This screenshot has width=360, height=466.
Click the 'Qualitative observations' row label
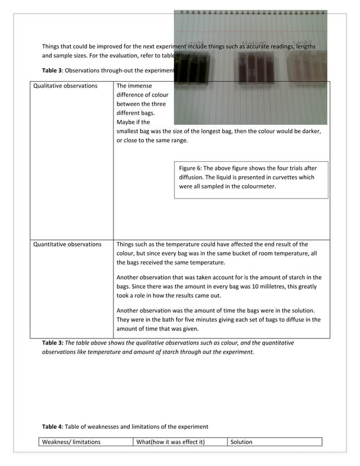coord(65,86)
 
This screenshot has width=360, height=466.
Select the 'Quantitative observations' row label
coord(68,245)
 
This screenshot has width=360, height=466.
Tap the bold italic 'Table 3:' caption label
coord(53,342)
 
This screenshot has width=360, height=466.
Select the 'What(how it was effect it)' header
coord(170,442)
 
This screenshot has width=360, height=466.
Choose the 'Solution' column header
coord(242,442)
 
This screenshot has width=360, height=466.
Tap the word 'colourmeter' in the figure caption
coord(257,186)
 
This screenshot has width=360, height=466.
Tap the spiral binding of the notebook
coord(250,12)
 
